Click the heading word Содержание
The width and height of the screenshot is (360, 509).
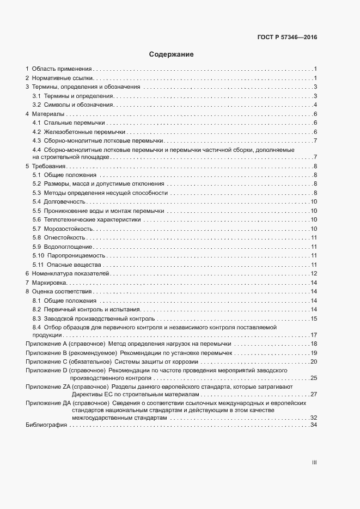click(170, 55)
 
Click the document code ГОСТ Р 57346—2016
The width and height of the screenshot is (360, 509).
click(287, 38)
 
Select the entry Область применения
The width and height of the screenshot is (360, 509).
click(62, 69)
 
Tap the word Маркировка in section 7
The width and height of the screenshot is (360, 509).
click(50, 283)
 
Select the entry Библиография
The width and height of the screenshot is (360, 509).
click(46, 425)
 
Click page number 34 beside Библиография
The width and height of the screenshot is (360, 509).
click(313, 425)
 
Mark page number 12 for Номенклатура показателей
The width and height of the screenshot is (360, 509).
click(313, 273)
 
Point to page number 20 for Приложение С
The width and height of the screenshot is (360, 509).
click(313, 361)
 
